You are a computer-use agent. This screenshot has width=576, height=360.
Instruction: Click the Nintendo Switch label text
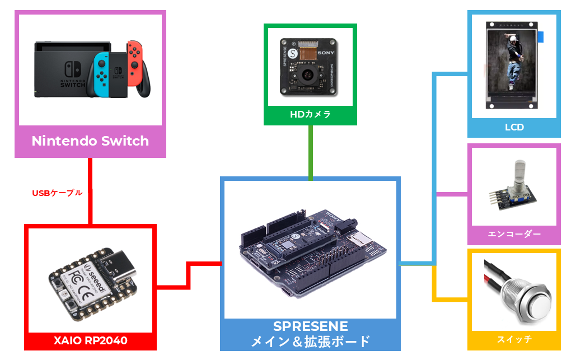click(90, 141)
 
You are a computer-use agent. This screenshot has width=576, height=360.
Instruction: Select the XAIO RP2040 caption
click(91, 340)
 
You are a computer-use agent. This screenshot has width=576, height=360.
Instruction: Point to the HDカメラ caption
click(310, 115)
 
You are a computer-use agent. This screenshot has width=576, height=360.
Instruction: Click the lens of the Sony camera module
click(307, 74)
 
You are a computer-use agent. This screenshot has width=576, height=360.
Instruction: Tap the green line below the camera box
click(311, 151)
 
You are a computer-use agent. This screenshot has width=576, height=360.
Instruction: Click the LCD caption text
click(514, 128)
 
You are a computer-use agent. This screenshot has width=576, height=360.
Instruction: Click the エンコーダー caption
click(514, 234)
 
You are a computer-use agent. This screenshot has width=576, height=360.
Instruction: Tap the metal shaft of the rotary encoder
click(519, 171)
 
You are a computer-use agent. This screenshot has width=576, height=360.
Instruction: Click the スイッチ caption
click(514, 339)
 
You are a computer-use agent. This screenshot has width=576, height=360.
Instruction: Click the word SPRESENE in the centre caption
click(311, 326)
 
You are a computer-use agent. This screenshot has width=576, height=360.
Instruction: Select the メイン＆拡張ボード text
click(311, 340)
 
